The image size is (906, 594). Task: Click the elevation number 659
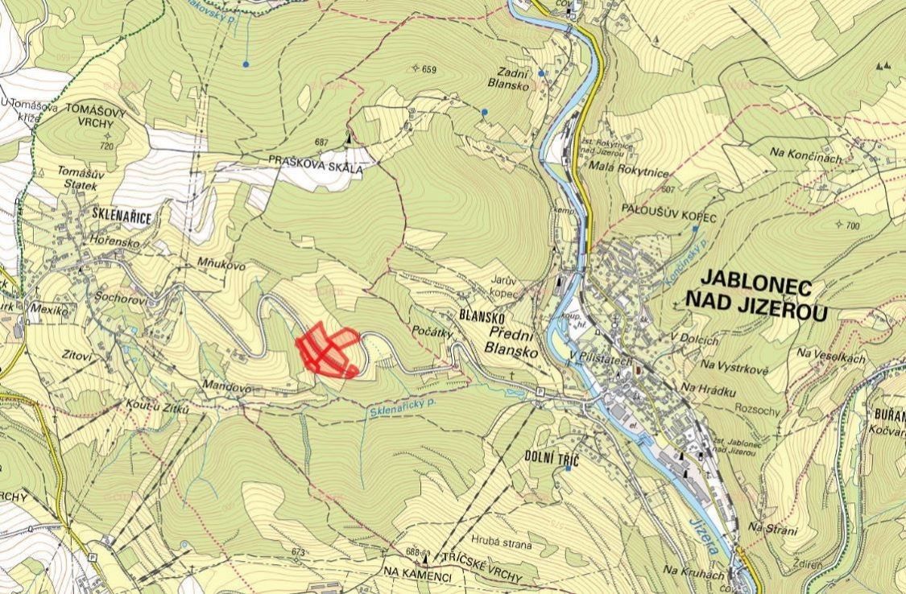(x=428, y=70)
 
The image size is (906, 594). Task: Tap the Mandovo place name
(x=228, y=387)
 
